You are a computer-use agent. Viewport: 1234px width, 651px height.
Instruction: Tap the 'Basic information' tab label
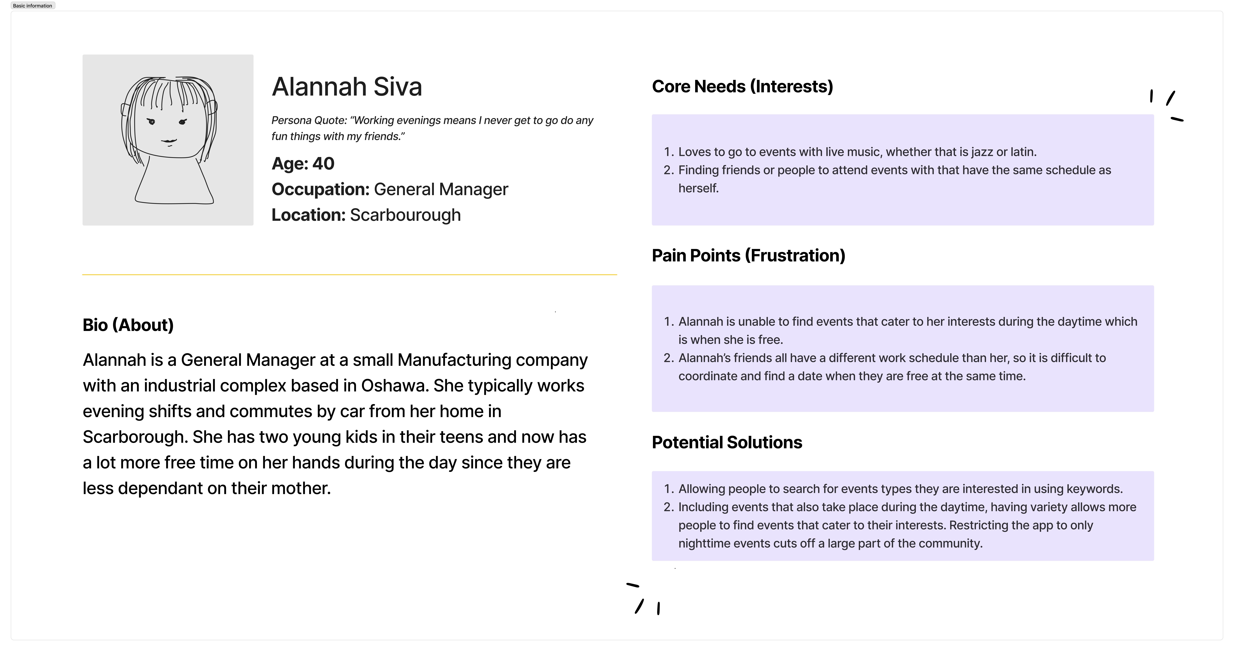33,6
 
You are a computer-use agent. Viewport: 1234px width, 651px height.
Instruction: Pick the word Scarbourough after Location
405,215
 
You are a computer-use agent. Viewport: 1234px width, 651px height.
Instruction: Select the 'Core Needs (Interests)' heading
742,87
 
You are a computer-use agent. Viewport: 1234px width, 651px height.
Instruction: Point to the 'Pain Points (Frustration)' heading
748,256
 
